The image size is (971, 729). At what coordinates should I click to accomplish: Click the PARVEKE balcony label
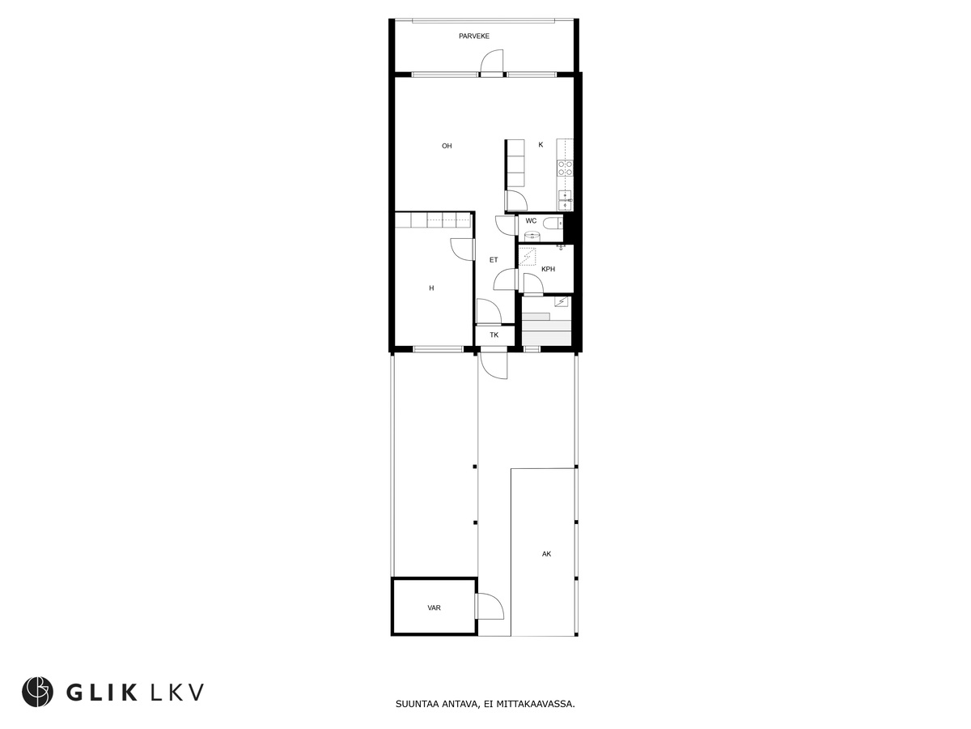[474, 36]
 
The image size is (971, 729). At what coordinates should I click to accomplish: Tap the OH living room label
[447, 147]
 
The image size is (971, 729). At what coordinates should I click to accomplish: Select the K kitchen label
[541, 145]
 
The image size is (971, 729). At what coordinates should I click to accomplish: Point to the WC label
[531, 221]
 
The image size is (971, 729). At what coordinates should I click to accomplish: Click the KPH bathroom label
[548, 269]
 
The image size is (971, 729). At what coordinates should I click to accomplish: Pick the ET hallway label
[493, 260]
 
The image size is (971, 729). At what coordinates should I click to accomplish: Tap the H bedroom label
[431, 288]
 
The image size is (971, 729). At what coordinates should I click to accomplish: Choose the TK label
[494, 335]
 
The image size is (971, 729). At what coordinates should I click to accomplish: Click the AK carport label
[547, 554]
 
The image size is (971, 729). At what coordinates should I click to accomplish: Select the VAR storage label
[434, 607]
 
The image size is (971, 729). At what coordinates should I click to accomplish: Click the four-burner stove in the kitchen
[566, 168]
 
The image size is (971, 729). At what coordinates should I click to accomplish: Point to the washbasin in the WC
[531, 236]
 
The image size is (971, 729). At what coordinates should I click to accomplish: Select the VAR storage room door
[488, 607]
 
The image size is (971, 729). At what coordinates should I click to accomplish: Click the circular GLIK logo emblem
[37, 691]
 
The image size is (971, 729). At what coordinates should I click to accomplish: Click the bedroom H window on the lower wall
[437, 349]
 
